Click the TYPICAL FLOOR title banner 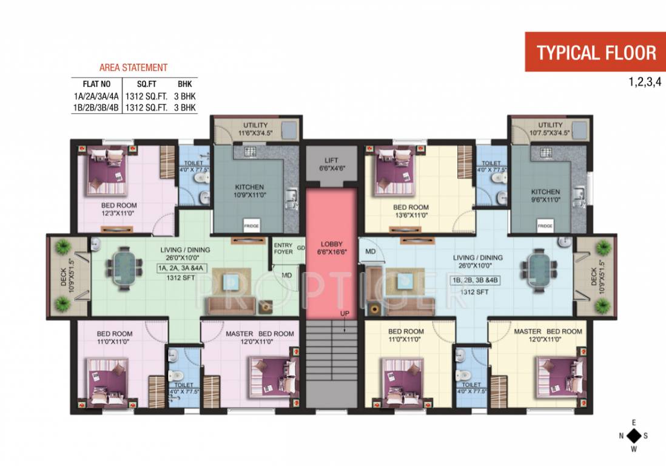[595, 52]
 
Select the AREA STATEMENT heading [133, 68]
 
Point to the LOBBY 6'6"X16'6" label [331, 248]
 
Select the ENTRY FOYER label [283, 248]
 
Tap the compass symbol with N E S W [634, 436]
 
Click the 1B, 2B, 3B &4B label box [474, 280]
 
